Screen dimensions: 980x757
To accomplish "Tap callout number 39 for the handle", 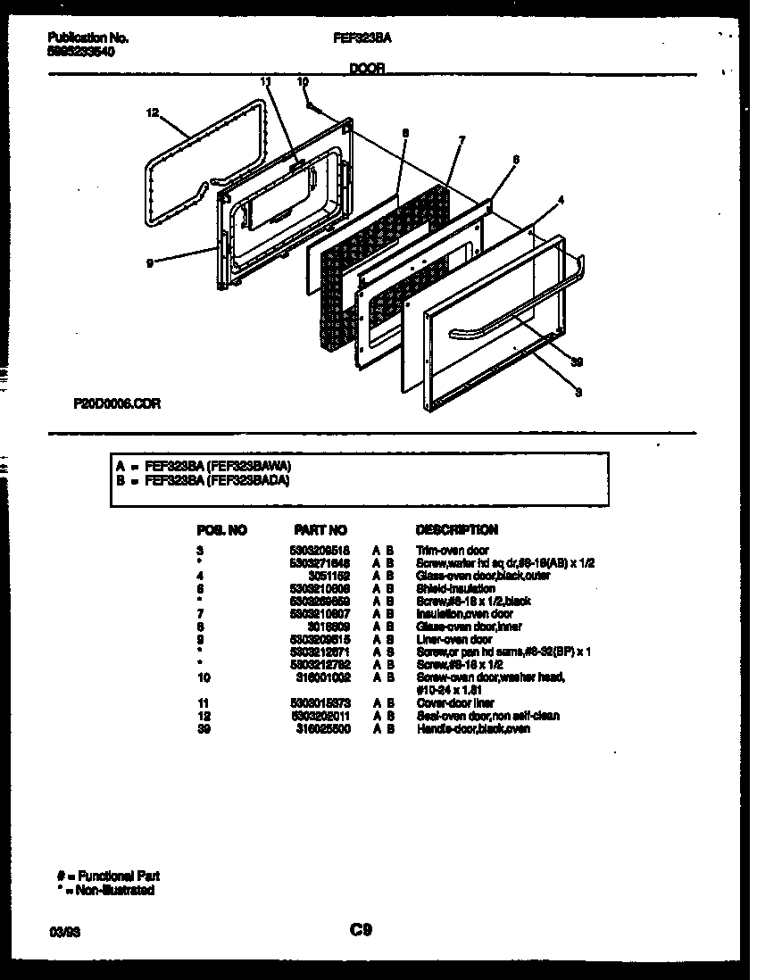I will pos(577,361).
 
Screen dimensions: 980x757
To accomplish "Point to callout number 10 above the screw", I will pos(303,81).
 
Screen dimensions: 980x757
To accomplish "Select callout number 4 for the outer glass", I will pos(561,200).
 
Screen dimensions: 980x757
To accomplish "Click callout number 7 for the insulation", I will pos(462,139).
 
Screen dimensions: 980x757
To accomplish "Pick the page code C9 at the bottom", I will pos(361,930).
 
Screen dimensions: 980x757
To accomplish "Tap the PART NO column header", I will pos(320,530).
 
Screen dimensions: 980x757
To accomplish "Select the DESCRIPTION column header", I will pos(456,530).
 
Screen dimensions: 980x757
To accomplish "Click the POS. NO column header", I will pos(220,530).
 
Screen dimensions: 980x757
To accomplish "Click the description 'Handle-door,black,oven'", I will pos(473,728).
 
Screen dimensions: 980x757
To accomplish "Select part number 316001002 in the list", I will pos(322,677).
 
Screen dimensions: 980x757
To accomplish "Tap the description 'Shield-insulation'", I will pos(455,588).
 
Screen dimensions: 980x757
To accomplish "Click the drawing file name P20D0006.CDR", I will pos(117,403).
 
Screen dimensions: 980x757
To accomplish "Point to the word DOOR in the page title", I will pos(368,68).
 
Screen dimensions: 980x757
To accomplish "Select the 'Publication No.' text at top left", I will pos(87,38).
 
